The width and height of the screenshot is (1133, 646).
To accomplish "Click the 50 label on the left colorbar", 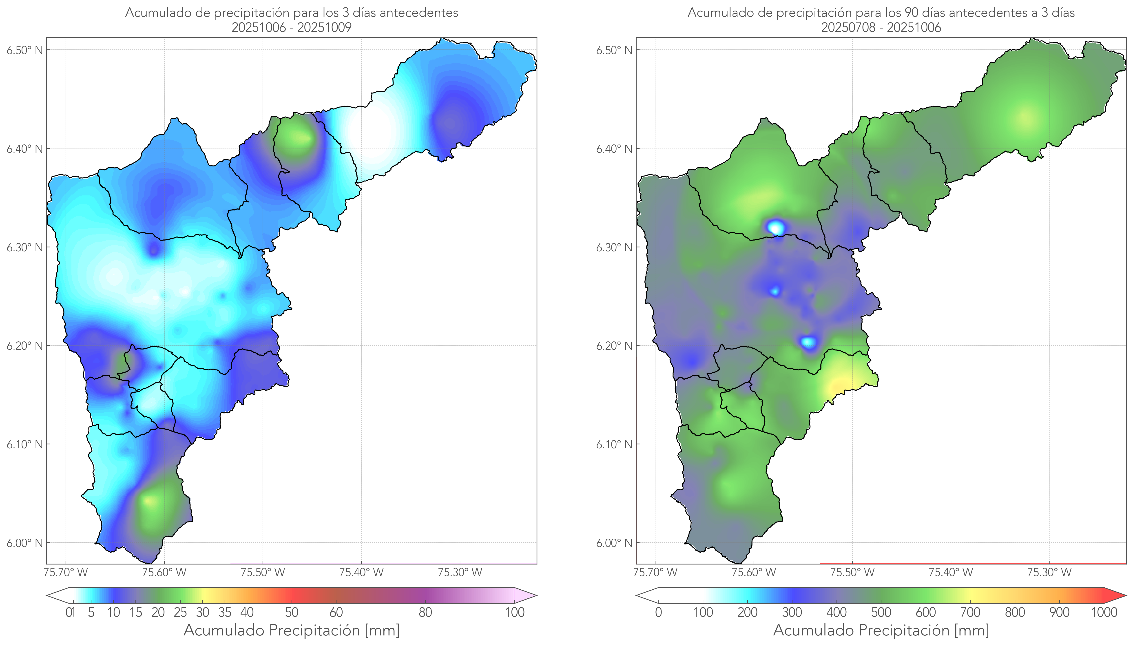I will coord(292,612).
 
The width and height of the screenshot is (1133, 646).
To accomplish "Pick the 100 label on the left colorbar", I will coord(515,612).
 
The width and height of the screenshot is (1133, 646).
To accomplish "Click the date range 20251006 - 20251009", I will coord(292,27).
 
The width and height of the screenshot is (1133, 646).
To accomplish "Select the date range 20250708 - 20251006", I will coord(881,27).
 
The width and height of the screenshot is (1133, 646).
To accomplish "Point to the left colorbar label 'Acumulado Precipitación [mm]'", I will coord(292,630).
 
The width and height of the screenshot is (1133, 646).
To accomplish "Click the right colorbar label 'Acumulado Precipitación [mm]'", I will coord(881,630).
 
